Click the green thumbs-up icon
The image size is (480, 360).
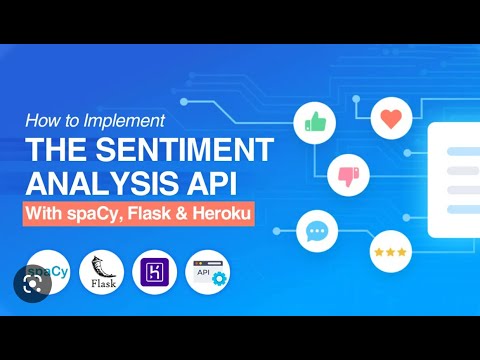(x=315, y=124)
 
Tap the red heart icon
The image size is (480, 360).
(x=391, y=118)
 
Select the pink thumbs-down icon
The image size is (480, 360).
(x=348, y=176)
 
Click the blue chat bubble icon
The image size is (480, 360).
(x=317, y=232)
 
